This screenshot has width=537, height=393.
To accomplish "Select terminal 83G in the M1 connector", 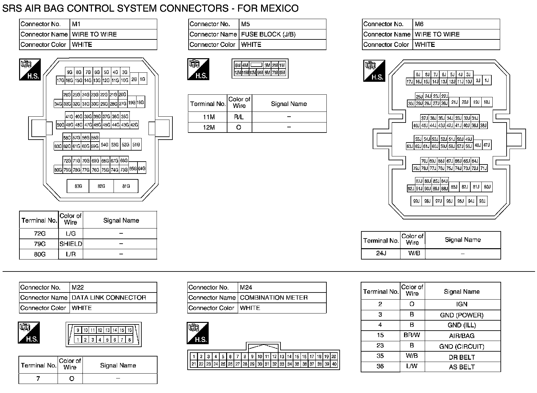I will [x=78, y=186].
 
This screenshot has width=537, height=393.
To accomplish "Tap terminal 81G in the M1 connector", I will [x=126, y=186].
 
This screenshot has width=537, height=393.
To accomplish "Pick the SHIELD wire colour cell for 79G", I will [x=71, y=244].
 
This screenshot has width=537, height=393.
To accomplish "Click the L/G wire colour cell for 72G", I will [x=71, y=234].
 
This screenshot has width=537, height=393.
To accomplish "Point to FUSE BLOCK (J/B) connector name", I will [x=268, y=34].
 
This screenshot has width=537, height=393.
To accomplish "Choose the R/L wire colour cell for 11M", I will [x=239, y=117].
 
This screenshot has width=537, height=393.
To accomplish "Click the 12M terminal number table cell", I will [x=209, y=127].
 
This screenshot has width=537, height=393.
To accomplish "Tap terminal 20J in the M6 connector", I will [x=465, y=102].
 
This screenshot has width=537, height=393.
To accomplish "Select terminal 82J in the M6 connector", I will [x=465, y=187].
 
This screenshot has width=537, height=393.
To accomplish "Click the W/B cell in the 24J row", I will [x=412, y=253].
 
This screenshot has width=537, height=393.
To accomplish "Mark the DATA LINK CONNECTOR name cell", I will [x=109, y=298].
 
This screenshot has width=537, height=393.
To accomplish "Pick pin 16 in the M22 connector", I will [x=129, y=330].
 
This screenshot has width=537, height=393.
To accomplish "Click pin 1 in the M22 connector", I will [x=78, y=340].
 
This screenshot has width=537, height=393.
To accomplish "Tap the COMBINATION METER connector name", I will [x=274, y=298].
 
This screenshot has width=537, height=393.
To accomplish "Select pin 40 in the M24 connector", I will [x=334, y=364].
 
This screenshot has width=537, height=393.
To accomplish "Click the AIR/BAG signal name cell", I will [x=462, y=336].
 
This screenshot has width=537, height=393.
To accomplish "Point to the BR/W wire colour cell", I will [x=412, y=335].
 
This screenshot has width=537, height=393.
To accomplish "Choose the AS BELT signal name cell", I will [x=462, y=367].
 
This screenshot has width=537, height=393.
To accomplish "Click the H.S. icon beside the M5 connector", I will [x=198, y=69].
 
